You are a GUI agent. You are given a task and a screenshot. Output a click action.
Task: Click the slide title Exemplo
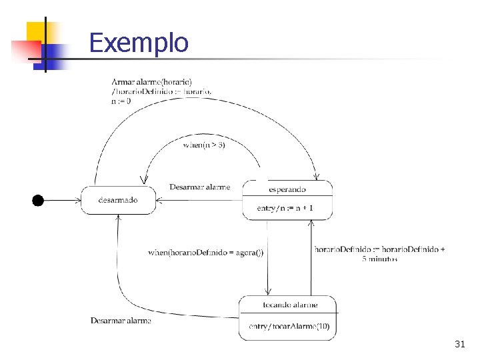(139, 43)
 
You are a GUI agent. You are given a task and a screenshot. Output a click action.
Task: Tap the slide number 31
(459, 344)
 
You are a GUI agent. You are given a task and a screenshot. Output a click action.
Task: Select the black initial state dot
(38, 200)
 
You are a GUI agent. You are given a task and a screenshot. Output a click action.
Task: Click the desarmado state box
(118, 200)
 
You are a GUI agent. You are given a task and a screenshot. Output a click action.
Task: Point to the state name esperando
(287, 190)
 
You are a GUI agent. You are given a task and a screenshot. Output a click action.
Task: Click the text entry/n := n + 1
(285, 209)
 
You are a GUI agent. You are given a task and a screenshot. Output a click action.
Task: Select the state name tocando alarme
(290, 305)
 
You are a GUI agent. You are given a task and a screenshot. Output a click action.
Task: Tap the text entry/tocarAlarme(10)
(289, 326)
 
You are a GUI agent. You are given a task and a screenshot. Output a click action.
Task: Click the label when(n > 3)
(204, 145)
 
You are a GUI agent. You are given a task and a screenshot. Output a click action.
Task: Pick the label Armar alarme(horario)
(152, 82)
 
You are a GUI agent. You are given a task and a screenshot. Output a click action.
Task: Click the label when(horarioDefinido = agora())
(205, 252)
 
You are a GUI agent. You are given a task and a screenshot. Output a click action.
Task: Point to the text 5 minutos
(379, 259)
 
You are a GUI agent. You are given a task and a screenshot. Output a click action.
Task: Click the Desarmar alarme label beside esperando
(199, 187)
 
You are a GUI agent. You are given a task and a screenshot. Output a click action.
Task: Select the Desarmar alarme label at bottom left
(121, 321)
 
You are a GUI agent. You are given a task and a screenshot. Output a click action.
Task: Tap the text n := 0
(121, 101)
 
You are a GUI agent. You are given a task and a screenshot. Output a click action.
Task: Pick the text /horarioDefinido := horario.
(162, 91)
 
